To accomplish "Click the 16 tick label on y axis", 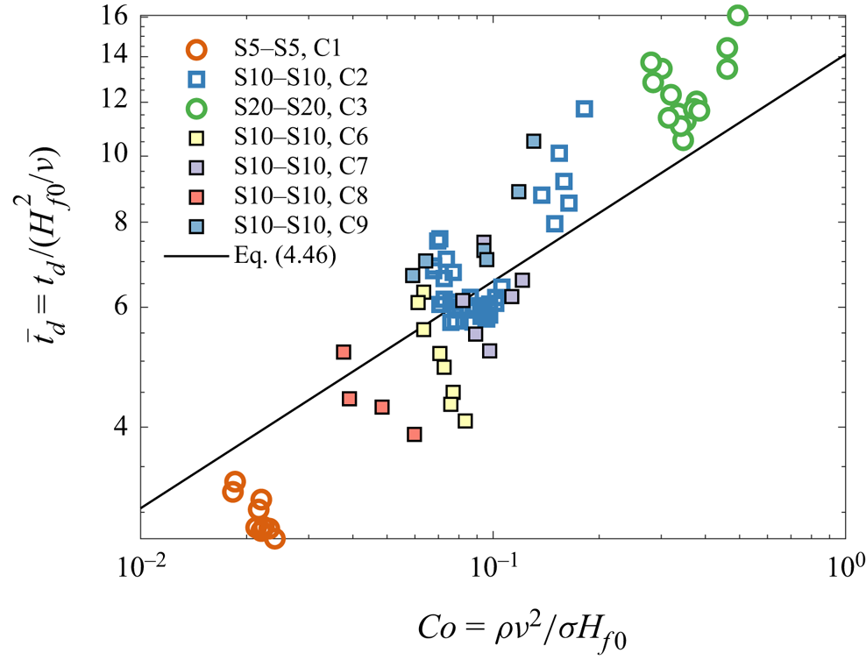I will [117, 16].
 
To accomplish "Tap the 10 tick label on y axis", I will [117, 155].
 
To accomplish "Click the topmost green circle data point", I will [737, 15].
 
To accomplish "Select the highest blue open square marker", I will [584, 109].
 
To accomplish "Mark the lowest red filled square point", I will [415, 434].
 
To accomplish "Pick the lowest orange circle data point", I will [274, 538].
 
